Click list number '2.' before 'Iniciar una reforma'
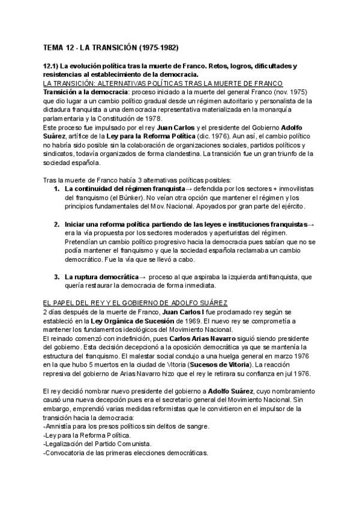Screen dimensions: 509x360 56,224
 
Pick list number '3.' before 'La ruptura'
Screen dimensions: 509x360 56,277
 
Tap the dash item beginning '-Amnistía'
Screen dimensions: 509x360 127,427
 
